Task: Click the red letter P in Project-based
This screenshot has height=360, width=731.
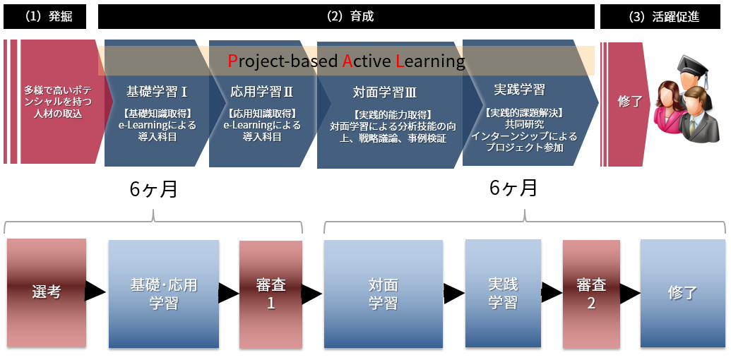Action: [x=232, y=61]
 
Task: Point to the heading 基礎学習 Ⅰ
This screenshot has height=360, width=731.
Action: [x=156, y=91]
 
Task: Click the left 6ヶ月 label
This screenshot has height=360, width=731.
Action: [x=153, y=189]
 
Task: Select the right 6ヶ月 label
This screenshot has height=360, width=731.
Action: [x=513, y=188]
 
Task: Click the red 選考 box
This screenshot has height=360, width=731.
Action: [x=47, y=292]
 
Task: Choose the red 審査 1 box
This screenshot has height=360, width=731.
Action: [x=271, y=294]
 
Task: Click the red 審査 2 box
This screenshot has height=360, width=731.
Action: [x=591, y=294]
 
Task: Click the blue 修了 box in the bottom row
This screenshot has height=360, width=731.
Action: [x=682, y=293]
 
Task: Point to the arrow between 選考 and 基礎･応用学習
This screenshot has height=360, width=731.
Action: [x=95, y=291]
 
